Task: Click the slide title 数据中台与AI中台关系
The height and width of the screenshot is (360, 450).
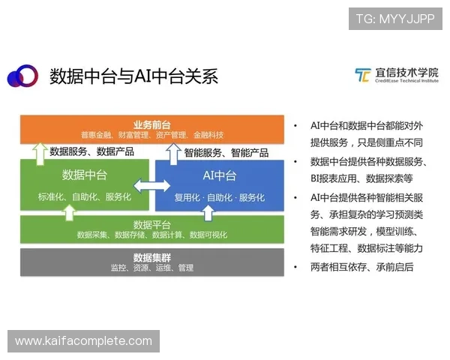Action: coord(133,76)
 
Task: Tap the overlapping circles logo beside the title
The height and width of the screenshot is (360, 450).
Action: coord(22,76)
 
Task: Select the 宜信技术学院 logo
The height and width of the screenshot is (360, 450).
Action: coord(396,76)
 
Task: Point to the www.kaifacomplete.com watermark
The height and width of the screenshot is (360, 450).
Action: coord(83,341)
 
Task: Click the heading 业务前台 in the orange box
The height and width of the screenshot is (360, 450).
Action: coord(152,124)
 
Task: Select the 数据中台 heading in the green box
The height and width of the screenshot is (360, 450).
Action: coord(84,175)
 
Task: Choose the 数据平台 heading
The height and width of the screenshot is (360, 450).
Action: coord(152,224)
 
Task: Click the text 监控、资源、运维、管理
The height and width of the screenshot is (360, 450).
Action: coord(152,268)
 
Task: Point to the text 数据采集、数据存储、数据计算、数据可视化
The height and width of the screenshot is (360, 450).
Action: coord(152,235)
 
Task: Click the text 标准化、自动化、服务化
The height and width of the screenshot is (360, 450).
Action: coord(84,197)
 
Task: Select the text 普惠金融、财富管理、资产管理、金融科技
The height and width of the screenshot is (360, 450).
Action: coord(152,135)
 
